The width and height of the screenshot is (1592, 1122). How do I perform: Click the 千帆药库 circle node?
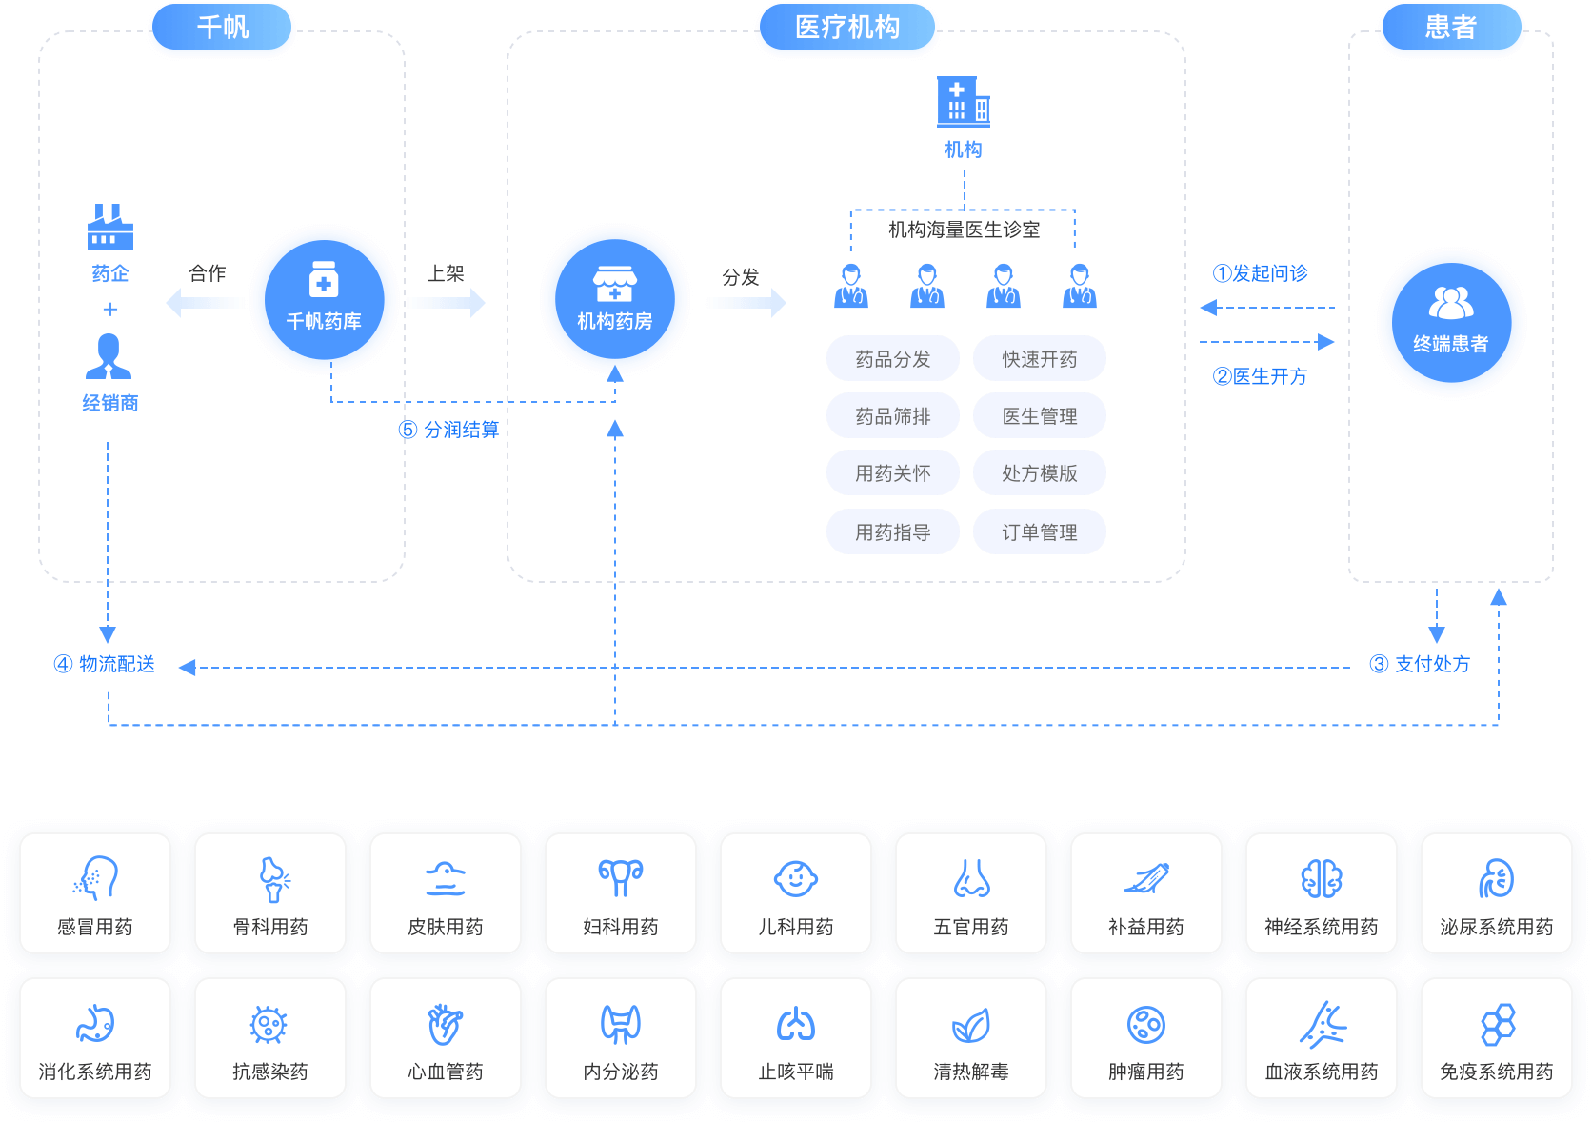pos(324,300)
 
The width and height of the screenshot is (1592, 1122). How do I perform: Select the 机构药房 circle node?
pos(615,300)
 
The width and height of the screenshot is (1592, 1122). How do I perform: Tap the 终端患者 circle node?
pos(1451,323)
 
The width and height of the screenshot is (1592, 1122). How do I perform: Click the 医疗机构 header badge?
pos(846,28)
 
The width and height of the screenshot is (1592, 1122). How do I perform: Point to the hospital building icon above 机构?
pos(964,102)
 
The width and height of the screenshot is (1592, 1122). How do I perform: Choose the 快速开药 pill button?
pos(1040,359)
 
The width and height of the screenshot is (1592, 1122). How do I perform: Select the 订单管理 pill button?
pos(1040,532)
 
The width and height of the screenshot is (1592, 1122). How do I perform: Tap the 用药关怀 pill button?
pos(893,473)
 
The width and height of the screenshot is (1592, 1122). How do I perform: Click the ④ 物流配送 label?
pos(105,664)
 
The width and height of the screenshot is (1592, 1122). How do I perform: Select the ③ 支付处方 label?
pos(1420,664)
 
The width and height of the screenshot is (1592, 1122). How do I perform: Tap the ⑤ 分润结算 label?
pos(448,430)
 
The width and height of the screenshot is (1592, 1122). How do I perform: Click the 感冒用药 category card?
pos(95,893)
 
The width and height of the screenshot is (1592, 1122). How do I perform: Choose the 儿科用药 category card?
pos(796,893)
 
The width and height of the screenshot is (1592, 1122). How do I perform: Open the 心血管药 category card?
pos(446,1038)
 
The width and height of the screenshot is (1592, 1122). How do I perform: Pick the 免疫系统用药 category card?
pos(1497,1038)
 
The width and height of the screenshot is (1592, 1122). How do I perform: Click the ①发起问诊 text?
pos(1260,273)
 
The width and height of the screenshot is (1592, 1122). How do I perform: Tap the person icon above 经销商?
pos(109,356)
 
